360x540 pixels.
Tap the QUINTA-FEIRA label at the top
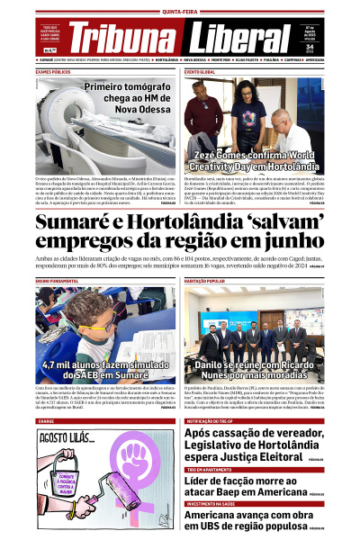[179, 12]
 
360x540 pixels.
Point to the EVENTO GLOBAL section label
[201, 71]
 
